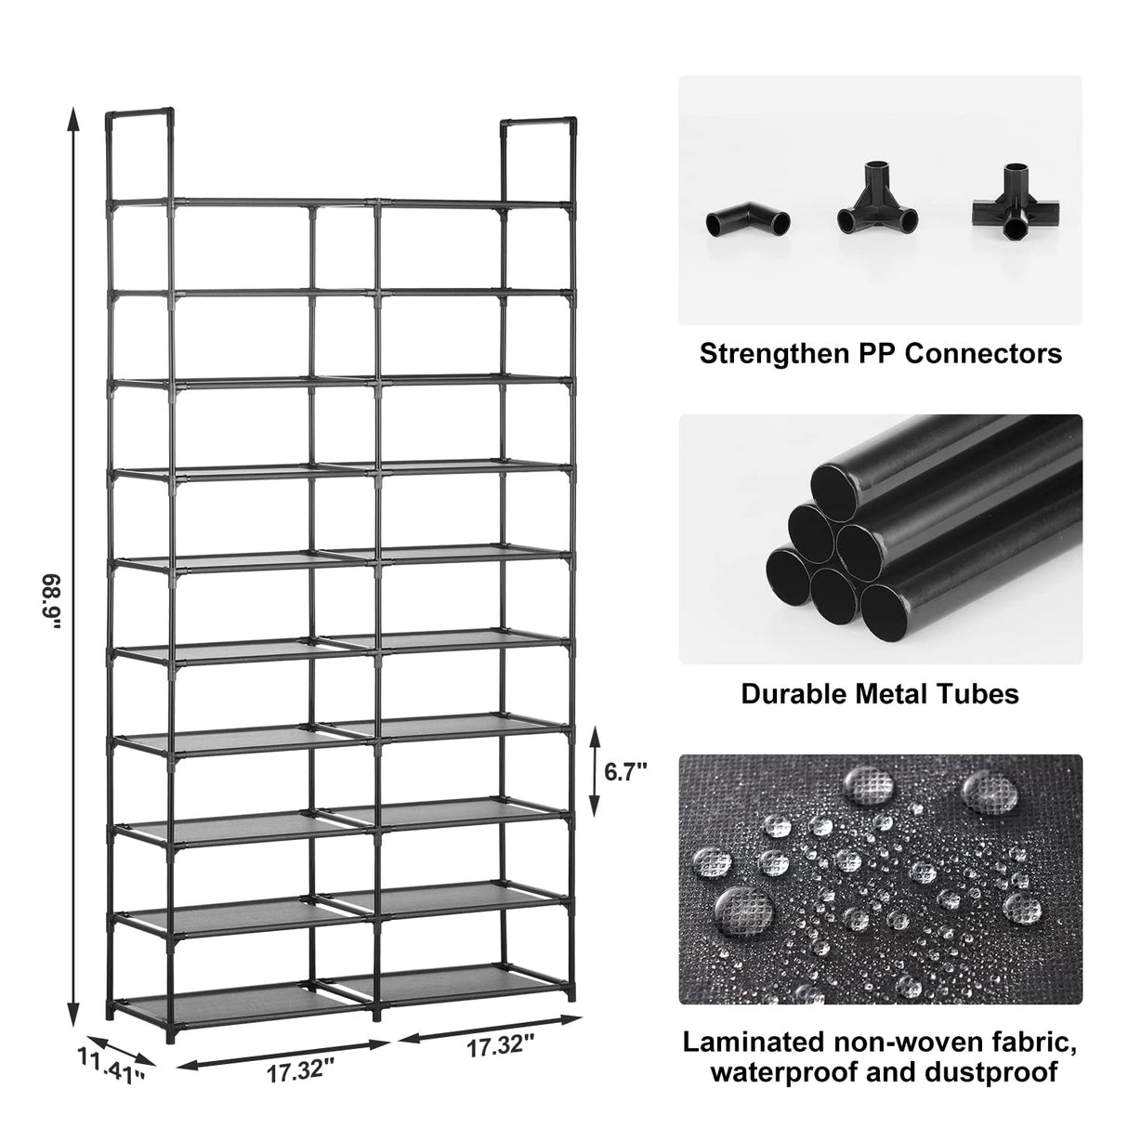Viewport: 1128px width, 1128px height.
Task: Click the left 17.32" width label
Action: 299,1071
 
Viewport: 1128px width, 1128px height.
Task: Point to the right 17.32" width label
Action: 501,1046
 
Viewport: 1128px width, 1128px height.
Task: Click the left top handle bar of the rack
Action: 139,114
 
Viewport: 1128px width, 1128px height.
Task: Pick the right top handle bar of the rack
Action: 538,122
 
